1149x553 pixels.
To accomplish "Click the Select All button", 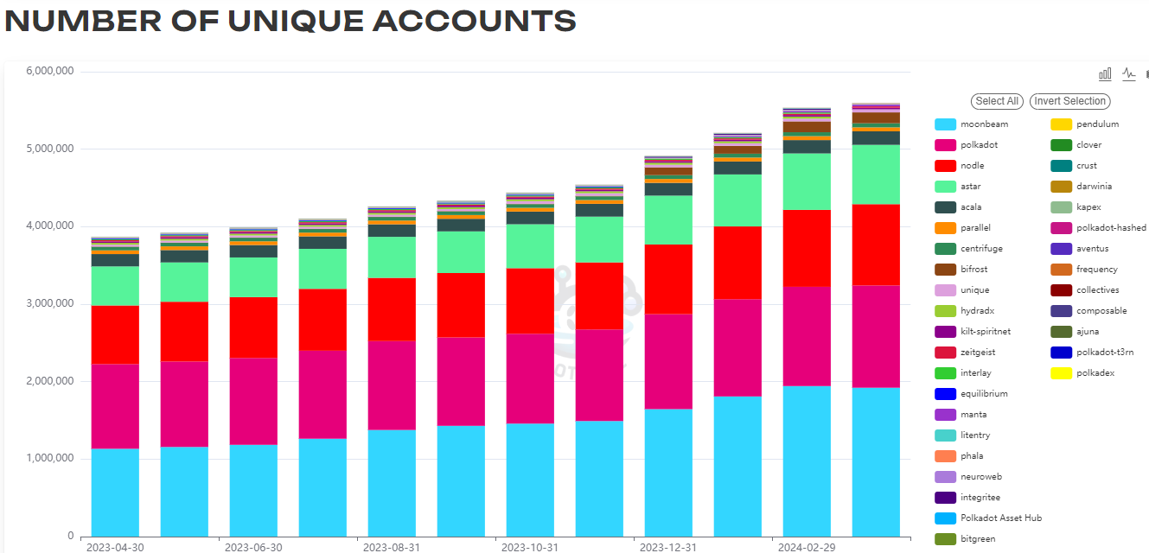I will coord(997,101).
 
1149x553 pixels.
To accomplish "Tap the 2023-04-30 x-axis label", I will coord(115,547).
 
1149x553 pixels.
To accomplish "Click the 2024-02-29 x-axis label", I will coord(807,547).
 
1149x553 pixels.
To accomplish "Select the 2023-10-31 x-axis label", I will coord(530,547).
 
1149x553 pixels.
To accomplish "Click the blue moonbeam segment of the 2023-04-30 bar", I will coord(115,493).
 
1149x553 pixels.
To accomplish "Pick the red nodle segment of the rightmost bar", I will coord(876,245).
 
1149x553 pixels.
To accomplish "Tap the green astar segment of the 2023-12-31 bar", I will coord(668,219).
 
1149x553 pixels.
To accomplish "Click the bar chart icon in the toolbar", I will coord(1105,74).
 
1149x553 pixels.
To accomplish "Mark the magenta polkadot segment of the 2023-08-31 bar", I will coord(392,385).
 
